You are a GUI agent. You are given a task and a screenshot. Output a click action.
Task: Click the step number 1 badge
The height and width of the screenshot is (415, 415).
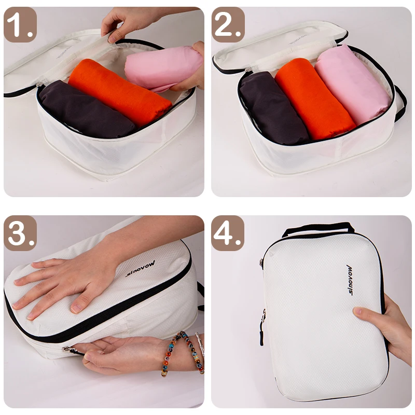click(x=21, y=24)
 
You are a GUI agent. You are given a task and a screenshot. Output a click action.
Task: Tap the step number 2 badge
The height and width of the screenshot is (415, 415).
click(x=229, y=24)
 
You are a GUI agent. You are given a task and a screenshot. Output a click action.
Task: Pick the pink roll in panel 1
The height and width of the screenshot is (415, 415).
click(x=161, y=67)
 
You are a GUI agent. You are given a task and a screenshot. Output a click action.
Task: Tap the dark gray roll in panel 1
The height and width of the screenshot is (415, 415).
click(x=83, y=109)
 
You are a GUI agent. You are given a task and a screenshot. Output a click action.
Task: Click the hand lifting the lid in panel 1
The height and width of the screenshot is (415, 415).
click(x=125, y=21)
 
